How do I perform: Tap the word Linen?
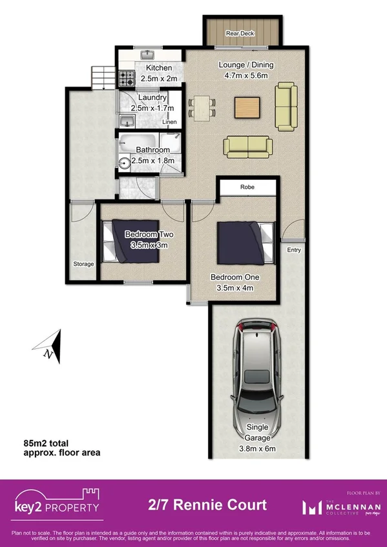click(169, 122)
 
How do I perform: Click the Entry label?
click(294, 250)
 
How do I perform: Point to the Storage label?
click(83, 264)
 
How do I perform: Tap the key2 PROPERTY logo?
click(58, 503)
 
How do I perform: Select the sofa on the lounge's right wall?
click(285, 106)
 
